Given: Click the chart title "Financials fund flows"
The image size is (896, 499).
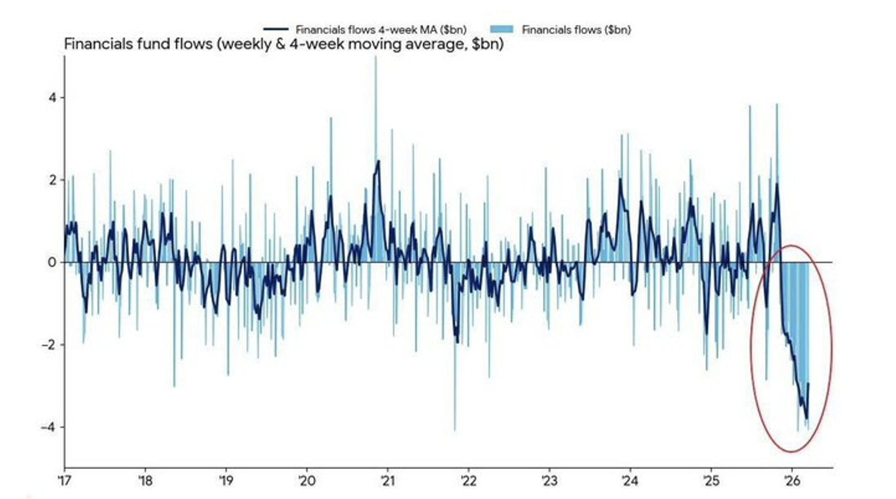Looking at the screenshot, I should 283,45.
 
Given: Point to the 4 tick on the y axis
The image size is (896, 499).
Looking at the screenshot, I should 53,97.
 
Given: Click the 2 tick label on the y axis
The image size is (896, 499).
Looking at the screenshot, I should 53,180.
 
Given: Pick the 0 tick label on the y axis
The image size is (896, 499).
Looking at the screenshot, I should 53,262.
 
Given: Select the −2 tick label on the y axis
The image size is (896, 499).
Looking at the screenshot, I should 50,345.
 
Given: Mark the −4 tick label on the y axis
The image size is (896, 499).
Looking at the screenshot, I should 50,427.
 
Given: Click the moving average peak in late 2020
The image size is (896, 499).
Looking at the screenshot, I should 378,161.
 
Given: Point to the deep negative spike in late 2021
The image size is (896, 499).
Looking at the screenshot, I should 454,428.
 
